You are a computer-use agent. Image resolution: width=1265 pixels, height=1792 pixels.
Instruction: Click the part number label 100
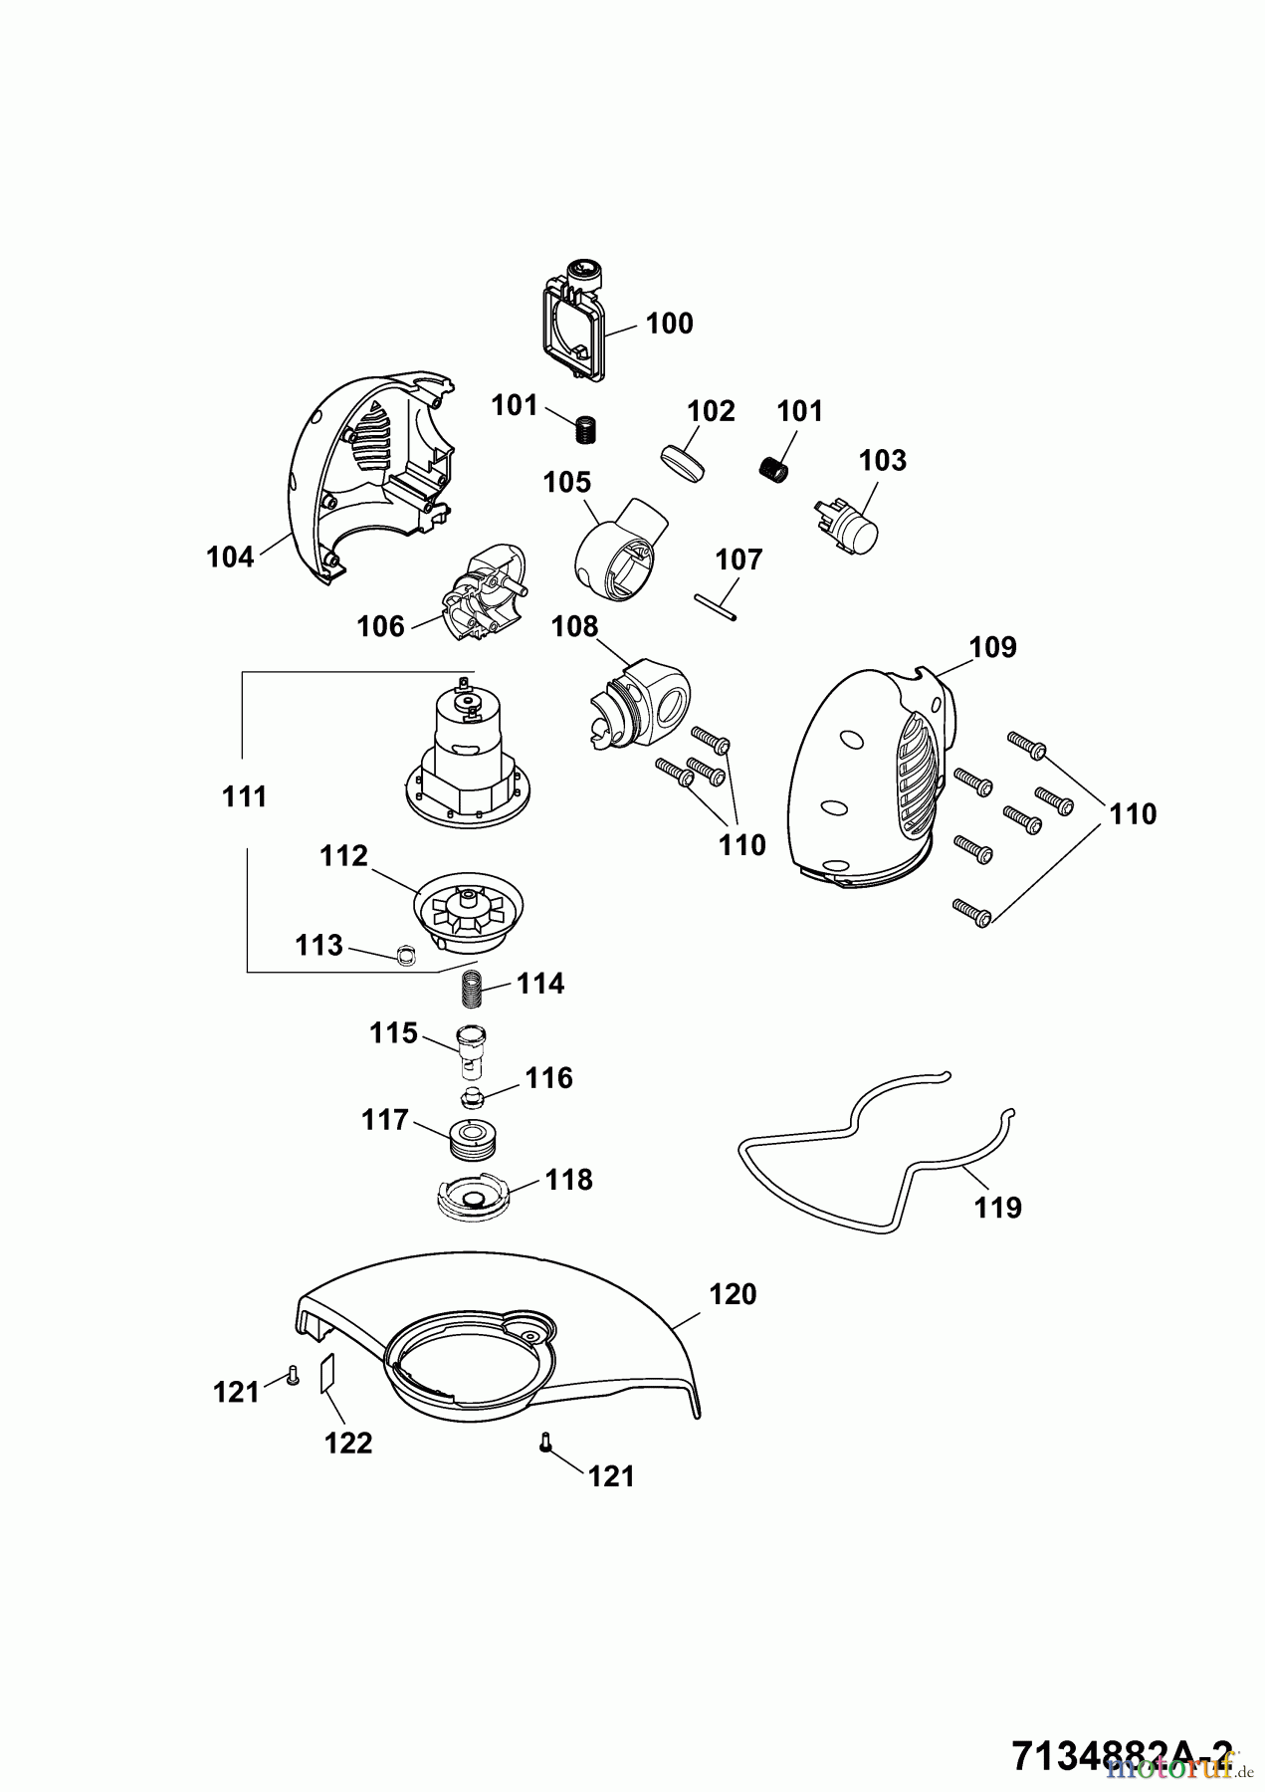pyautogui.click(x=669, y=324)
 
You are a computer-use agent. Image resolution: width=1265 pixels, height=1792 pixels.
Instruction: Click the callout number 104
pyautogui.click(x=230, y=557)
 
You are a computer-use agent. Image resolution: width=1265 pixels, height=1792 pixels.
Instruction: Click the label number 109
pyautogui.click(x=992, y=647)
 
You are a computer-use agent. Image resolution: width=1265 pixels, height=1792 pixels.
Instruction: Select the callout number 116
pyautogui.click(x=549, y=1077)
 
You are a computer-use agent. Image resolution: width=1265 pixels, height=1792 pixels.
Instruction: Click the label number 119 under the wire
pyautogui.click(x=997, y=1208)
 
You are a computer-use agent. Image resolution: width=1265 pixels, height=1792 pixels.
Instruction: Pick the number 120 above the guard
pyautogui.click(x=733, y=1294)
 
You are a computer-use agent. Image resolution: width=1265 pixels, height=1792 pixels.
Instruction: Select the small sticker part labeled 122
pyautogui.click(x=325, y=1376)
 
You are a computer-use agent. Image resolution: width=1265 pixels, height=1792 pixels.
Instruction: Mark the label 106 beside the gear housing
pyautogui.click(x=380, y=626)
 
